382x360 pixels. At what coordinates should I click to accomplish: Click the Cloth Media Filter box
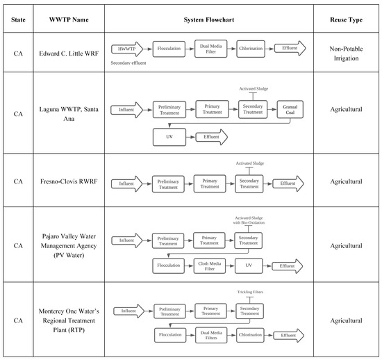pos(212,265)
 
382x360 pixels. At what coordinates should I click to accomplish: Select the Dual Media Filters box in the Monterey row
pos(212,335)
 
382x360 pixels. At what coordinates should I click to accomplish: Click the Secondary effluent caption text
pos(132,63)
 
